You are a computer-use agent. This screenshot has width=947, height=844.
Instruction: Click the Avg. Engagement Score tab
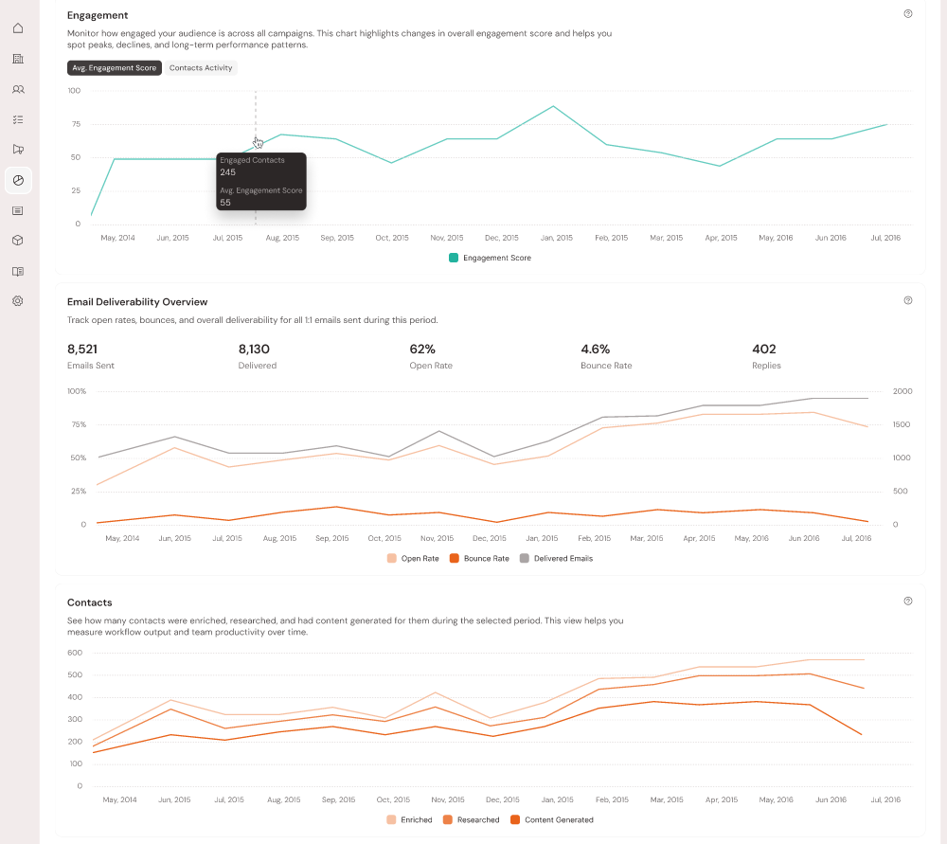click(115, 68)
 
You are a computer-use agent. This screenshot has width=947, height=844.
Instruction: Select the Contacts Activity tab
click(201, 68)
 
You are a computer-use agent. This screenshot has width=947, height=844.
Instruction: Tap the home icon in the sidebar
click(18, 28)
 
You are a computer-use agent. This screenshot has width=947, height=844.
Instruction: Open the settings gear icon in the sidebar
click(18, 301)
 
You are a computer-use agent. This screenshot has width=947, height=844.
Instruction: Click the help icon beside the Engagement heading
click(908, 14)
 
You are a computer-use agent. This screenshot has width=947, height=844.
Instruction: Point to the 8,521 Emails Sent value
click(82, 350)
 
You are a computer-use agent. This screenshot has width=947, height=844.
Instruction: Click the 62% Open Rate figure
click(422, 350)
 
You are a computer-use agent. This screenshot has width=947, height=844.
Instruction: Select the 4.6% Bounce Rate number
click(595, 350)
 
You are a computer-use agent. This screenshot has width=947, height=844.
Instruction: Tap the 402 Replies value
click(763, 350)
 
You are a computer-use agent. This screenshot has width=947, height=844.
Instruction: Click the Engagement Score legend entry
click(491, 258)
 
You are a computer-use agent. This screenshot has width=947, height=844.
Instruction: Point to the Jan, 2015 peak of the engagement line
click(553, 106)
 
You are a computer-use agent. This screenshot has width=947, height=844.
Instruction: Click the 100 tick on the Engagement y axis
click(74, 91)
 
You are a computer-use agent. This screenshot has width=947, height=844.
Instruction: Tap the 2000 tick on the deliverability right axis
click(902, 391)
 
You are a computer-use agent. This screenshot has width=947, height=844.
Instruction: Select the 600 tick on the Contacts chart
click(75, 653)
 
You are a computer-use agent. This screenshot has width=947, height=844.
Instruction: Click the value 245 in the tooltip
click(228, 172)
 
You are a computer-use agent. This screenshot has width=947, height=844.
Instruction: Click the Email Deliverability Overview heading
click(137, 302)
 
